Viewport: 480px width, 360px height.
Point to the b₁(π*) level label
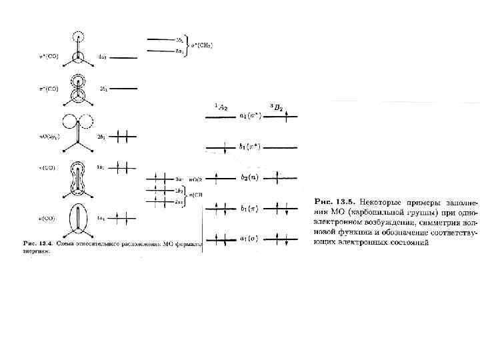tap(249, 147)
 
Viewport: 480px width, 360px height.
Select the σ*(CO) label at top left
tap(49, 56)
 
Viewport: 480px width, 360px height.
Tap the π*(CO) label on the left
tap(49, 88)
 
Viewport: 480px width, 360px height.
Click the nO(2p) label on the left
tap(49, 137)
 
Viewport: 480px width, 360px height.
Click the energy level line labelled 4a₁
tap(123, 58)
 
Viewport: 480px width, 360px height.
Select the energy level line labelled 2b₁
tap(123, 89)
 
